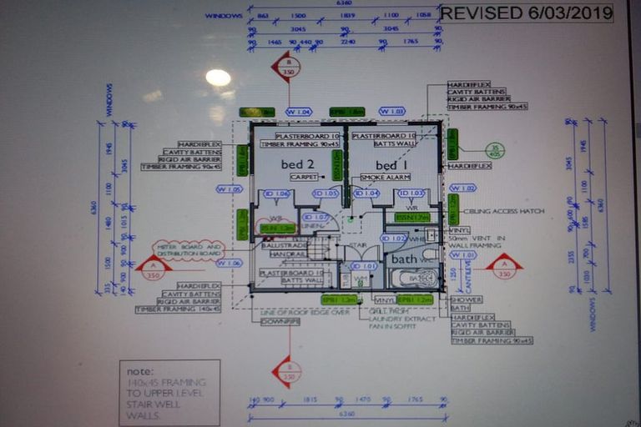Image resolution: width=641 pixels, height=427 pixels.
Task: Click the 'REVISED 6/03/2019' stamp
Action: click(x=526, y=13)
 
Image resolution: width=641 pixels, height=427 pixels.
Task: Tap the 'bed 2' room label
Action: click(x=297, y=164)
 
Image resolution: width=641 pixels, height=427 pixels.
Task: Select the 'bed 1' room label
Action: click(x=391, y=164)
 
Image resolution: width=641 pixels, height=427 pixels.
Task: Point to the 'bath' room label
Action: click(x=404, y=259)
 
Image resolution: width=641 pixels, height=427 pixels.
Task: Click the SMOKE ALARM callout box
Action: click(x=385, y=178)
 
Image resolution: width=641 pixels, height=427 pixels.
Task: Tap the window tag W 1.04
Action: click(x=298, y=111)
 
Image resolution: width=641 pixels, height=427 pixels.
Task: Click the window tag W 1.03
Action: click(x=391, y=111)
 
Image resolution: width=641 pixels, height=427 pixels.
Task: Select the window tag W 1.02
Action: click(x=462, y=188)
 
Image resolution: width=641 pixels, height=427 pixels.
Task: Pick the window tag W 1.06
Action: click(x=228, y=263)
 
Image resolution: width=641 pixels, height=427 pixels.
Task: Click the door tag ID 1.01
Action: click(x=367, y=267)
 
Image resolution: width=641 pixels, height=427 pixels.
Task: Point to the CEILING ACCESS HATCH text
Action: click(x=508, y=212)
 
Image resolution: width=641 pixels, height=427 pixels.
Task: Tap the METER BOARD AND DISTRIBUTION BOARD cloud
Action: click(x=189, y=250)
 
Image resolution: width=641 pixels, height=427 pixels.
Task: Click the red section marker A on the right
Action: click(x=503, y=269)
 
